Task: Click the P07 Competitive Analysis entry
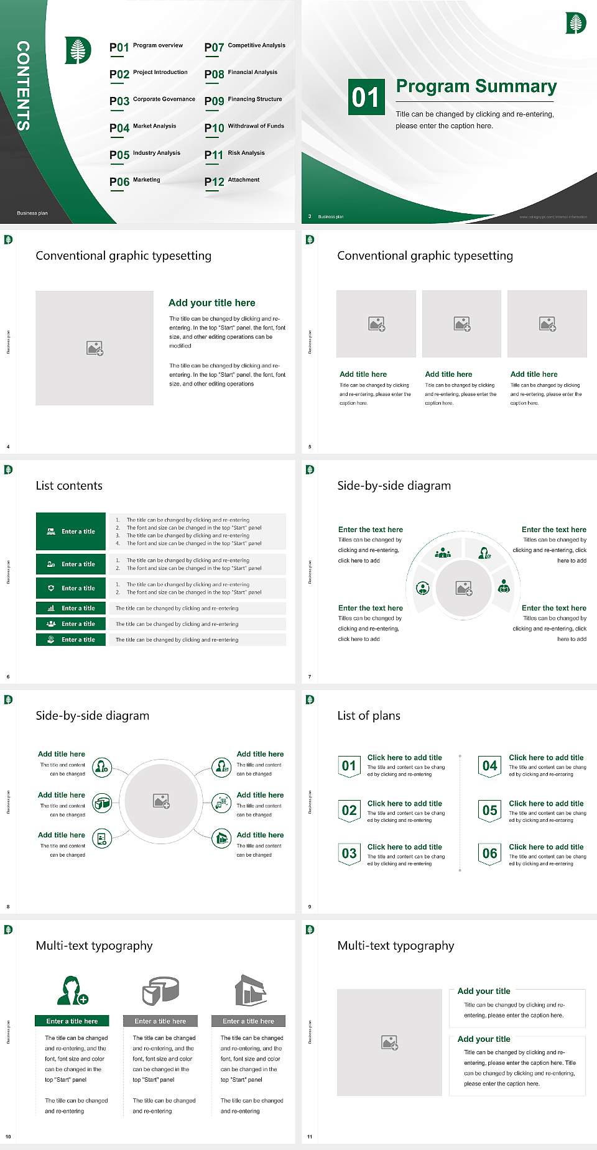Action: click(x=245, y=47)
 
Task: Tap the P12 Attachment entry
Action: click(x=232, y=181)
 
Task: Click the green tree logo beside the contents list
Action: click(x=78, y=50)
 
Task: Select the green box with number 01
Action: click(x=366, y=96)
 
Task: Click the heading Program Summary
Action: click(x=476, y=86)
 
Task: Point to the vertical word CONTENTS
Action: click(x=23, y=85)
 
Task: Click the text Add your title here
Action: click(x=211, y=303)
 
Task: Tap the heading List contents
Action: click(x=69, y=485)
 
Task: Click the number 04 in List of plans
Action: click(x=490, y=766)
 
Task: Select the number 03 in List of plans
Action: click(x=349, y=853)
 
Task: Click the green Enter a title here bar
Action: click(x=72, y=1021)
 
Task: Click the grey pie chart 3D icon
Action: click(x=160, y=990)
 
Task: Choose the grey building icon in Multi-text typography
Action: click(x=251, y=990)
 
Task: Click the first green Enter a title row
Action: click(x=71, y=531)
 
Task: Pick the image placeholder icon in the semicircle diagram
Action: click(x=464, y=588)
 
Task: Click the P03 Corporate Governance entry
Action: click(x=152, y=100)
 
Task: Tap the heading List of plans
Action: click(x=369, y=715)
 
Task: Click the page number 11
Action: click(x=310, y=1137)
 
